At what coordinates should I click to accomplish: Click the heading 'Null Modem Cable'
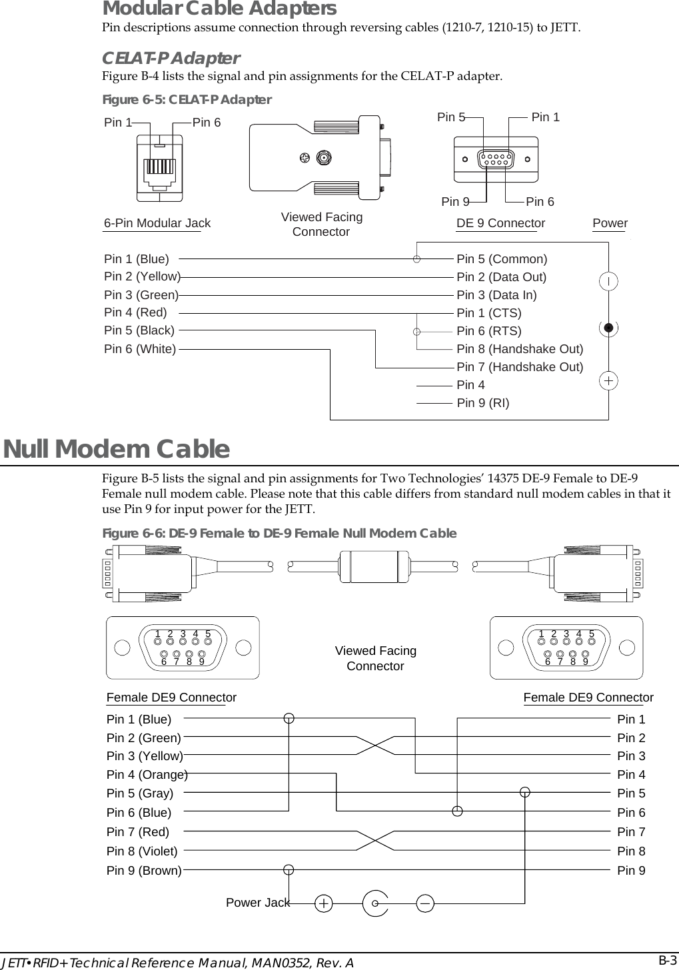tap(117, 449)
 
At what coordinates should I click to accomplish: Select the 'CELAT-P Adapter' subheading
tap(171, 58)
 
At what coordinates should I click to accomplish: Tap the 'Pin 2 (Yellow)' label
tap(142, 276)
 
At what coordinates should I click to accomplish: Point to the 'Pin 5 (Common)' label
tap(502, 258)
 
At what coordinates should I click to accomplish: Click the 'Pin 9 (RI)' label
tap(483, 402)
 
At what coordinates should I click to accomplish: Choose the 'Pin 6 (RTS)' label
tap(488, 331)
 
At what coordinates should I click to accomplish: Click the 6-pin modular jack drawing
tap(159, 167)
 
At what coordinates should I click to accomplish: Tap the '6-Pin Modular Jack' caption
tap(157, 223)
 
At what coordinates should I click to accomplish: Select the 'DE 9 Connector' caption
tap(500, 223)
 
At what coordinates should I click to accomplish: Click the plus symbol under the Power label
tap(608, 381)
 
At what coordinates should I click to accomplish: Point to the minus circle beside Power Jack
tap(425, 903)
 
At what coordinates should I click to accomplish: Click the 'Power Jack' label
tap(258, 903)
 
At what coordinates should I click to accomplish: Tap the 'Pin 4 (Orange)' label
tap(147, 775)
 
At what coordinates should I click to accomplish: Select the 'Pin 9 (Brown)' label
tap(144, 871)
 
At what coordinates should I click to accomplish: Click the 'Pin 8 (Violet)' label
tap(142, 851)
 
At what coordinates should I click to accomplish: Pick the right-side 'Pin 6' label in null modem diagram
tap(631, 813)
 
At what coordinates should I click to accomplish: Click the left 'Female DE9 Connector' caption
tap(171, 698)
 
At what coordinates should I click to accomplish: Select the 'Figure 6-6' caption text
tap(279, 533)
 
